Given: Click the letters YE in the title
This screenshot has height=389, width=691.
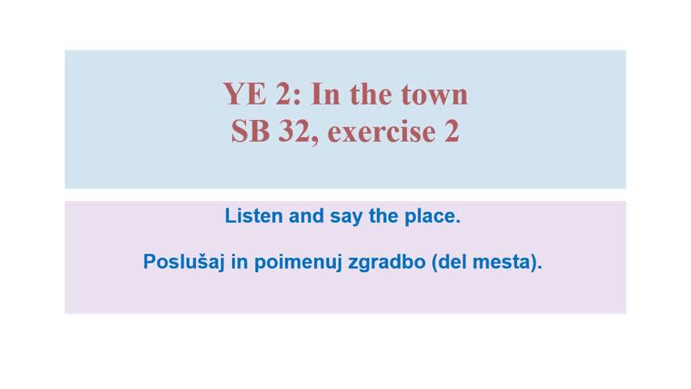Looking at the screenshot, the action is click(244, 94).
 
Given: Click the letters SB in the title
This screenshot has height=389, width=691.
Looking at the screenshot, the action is click(250, 131).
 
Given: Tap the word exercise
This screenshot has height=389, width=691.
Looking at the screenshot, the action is click(382, 132).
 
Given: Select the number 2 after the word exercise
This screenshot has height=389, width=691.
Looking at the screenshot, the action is click(451, 131).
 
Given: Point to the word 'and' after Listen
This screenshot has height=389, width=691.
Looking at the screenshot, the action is click(307, 216).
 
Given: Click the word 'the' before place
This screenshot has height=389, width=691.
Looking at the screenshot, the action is click(384, 216).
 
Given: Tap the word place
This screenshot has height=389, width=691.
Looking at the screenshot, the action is click(432, 217).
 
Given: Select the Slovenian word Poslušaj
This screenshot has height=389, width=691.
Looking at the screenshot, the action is click(184, 263).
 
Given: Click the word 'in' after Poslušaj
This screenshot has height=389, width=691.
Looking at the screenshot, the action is click(240, 262).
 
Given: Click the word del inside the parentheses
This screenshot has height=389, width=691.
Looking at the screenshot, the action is click(451, 262).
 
